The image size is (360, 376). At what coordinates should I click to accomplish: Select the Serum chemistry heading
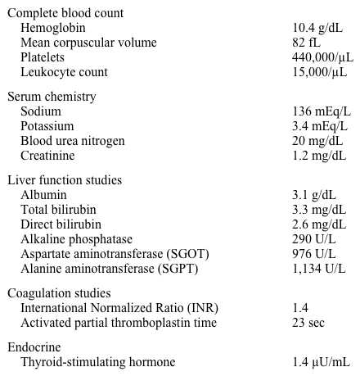click(52, 97)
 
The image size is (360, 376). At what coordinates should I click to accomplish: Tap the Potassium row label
click(47, 126)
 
